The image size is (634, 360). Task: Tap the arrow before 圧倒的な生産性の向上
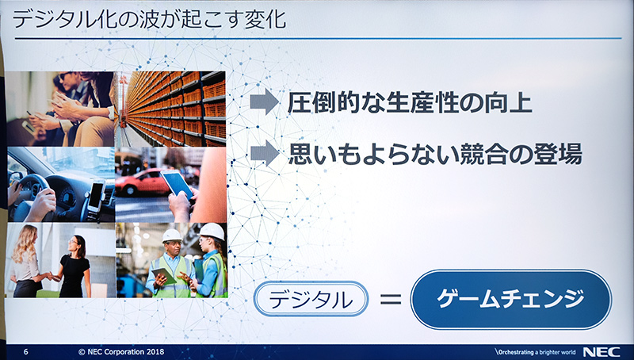264,102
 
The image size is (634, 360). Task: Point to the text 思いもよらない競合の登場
435,154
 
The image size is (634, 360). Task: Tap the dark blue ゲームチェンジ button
511,300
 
